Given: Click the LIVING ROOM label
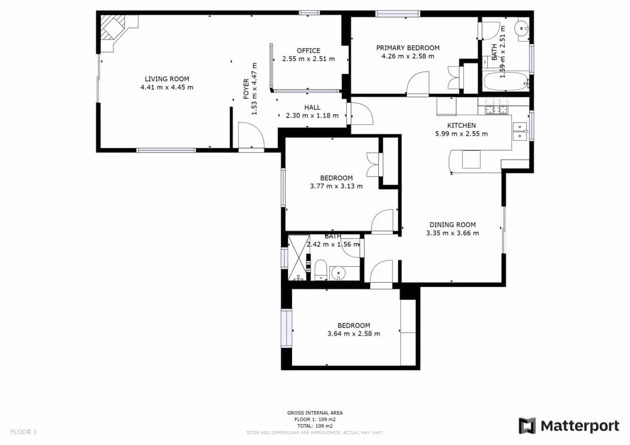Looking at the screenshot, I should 166,79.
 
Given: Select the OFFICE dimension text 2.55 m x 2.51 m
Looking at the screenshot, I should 308,59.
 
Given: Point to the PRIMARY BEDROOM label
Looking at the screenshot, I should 407,48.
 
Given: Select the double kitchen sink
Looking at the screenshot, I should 520,131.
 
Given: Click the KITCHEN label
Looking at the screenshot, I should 461,125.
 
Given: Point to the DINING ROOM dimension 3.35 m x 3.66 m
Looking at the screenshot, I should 452,233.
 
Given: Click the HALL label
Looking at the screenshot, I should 312,107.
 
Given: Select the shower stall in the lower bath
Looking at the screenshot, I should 299,258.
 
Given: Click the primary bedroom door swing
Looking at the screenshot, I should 417,84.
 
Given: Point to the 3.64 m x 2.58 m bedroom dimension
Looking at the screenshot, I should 354,334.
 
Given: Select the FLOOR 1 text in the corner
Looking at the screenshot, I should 23,432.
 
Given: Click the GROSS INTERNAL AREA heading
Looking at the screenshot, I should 314,413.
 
